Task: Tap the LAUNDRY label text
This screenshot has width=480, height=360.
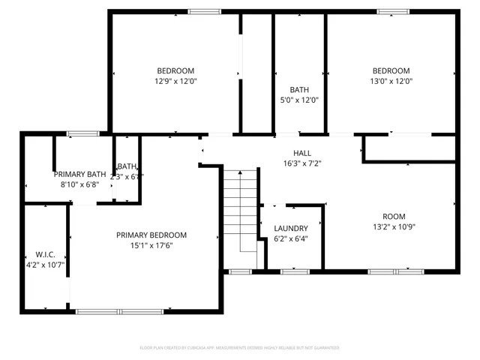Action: [291, 229]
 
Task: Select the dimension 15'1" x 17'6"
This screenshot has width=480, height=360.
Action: [151, 244]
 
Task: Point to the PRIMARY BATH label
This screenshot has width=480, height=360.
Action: [79, 174]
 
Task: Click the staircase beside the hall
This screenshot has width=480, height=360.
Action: [239, 210]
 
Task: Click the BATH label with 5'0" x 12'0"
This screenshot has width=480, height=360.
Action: [298, 89]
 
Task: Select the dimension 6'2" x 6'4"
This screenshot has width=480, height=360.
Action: [291, 238]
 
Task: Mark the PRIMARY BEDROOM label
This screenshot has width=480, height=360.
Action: [151, 235]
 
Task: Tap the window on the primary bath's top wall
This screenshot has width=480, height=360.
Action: [82, 133]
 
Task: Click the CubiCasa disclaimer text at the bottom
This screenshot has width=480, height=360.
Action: [240, 348]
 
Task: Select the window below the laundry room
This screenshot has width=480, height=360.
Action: [240, 271]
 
